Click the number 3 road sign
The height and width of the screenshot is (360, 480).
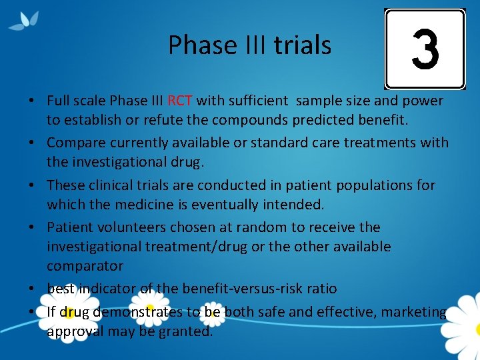425,49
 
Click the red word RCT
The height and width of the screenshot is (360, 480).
180,101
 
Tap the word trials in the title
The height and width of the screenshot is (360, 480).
301,45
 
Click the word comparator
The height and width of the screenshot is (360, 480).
85,266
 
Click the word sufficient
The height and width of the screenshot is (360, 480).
257,101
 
